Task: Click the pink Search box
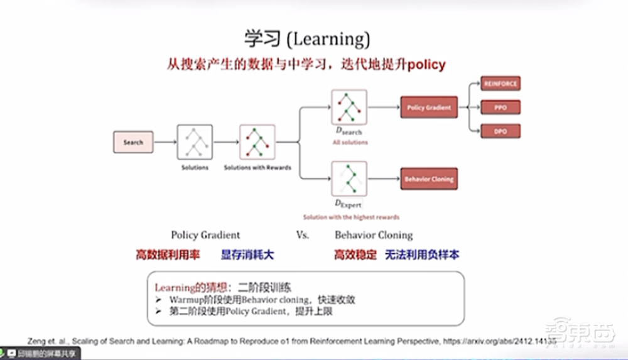pyautogui.click(x=133, y=142)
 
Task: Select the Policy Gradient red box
pyautogui.click(x=429, y=107)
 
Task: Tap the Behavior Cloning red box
pyautogui.click(x=429, y=179)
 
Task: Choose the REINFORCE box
pyautogui.click(x=501, y=84)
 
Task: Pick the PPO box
pyautogui.click(x=501, y=107)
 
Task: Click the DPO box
pyautogui.click(x=501, y=131)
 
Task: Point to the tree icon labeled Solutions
pyautogui.click(x=195, y=142)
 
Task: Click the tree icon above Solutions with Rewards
pyautogui.click(x=257, y=142)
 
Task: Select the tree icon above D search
pyautogui.click(x=349, y=107)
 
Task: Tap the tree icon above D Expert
pyautogui.click(x=349, y=179)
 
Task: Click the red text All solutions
pyautogui.click(x=350, y=143)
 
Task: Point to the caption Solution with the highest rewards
pyautogui.click(x=351, y=217)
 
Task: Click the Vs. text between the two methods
pyautogui.click(x=303, y=235)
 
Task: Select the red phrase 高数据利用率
pyautogui.click(x=168, y=255)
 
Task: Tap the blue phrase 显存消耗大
pyautogui.click(x=247, y=255)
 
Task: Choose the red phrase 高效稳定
pyautogui.click(x=355, y=255)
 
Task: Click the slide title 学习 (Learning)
pyautogui.click(x=307, y=39)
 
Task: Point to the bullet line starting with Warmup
pyautogui.click(x=263, y=300)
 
